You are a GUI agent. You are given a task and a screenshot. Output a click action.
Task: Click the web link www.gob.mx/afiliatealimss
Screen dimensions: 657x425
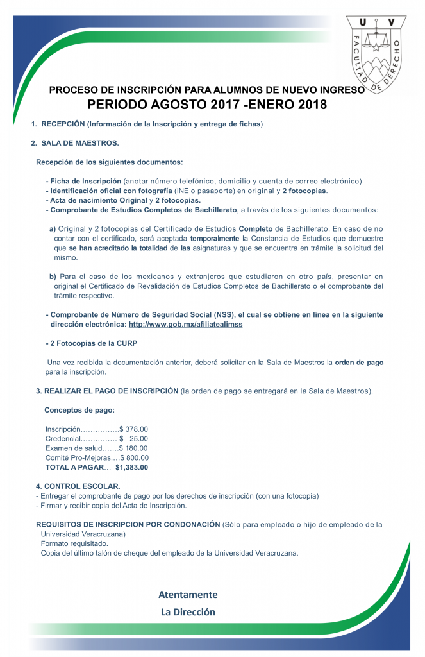[186, 325]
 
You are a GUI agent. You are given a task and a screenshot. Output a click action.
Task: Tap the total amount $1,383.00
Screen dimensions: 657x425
[132, 468]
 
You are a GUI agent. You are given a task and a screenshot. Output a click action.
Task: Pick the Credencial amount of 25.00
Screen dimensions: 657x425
[138, 439]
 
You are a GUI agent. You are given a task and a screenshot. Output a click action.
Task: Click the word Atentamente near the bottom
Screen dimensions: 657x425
[188, 594]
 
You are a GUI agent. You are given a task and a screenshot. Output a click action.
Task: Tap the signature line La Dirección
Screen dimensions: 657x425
[188, 612]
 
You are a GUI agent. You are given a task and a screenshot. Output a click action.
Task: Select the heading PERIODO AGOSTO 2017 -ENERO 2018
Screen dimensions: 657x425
[206, 105]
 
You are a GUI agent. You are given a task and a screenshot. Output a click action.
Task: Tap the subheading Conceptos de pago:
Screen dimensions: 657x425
[79, 410]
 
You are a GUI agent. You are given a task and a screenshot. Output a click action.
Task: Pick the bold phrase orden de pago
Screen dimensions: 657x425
[359, 363]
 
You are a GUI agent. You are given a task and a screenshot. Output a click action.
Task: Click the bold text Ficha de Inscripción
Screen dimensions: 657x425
[85, 182]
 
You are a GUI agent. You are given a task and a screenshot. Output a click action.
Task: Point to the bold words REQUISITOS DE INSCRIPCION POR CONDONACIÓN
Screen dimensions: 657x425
[128, 524]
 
